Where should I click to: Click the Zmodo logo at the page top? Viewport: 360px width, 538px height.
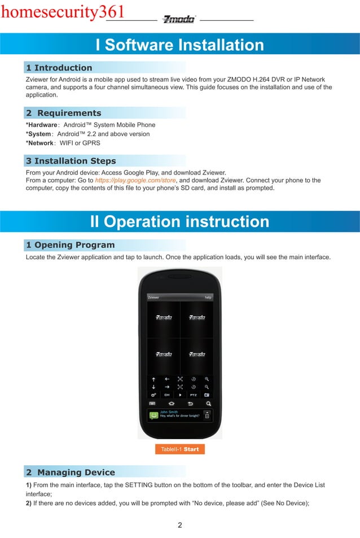click(178, 19)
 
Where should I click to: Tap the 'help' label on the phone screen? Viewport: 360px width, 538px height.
click(208, 297)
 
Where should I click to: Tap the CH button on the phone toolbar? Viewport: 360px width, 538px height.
click(167, 395)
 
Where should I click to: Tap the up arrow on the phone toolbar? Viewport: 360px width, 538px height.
click(153, 379)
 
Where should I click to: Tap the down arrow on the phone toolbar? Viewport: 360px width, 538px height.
click(153, 387)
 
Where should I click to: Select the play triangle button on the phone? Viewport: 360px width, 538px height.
click(180, 395)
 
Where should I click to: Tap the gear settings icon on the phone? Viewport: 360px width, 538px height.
click(153, 395)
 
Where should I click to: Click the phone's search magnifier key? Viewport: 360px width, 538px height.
click(208, 404)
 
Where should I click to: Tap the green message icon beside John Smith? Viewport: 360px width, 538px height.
click(152, 415)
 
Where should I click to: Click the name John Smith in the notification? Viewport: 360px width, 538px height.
click(168, 412)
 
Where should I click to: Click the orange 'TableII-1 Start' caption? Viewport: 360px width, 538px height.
click(180, 449)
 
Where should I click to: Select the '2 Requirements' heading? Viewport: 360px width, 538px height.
click(64, 113)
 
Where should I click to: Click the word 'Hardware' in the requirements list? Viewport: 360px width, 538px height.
click(43, 125)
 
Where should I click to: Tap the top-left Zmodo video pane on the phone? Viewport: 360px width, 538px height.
click(164, 318)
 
